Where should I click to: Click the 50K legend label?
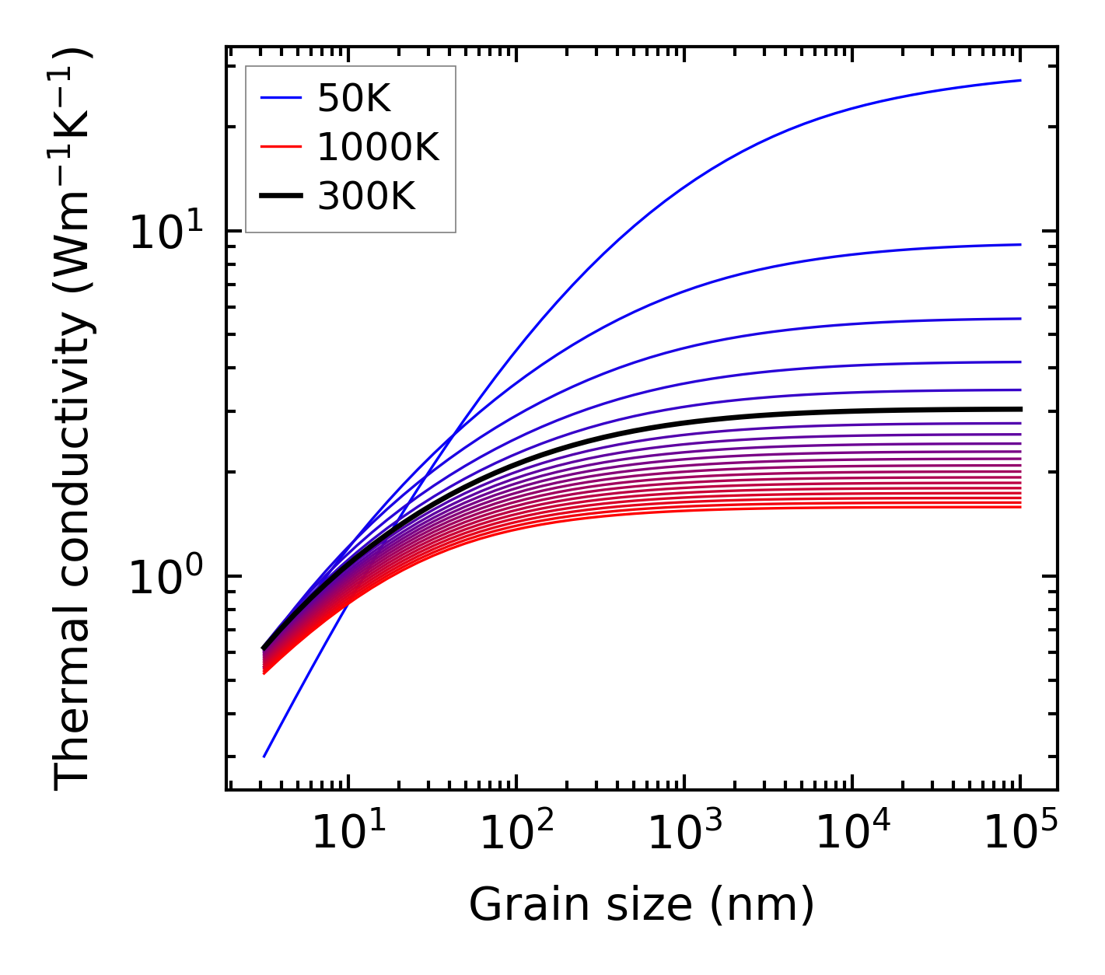click(354, 98)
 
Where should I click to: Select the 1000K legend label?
click(378, 147)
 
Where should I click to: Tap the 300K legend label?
click(366, 197)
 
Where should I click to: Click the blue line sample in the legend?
click(281, 98)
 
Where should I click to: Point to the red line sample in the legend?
click(281, 147)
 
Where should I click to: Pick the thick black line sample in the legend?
click(281, 197)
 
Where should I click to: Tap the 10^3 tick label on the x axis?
click(684, 835)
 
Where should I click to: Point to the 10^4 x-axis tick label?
click(852, 835)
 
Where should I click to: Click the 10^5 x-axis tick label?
click(1020, 835)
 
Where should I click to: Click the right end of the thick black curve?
click(1019, 409)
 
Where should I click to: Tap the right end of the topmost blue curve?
click(1019, 80)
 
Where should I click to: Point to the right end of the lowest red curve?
click(1019, 507)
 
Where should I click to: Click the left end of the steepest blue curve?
click(264, 756)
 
